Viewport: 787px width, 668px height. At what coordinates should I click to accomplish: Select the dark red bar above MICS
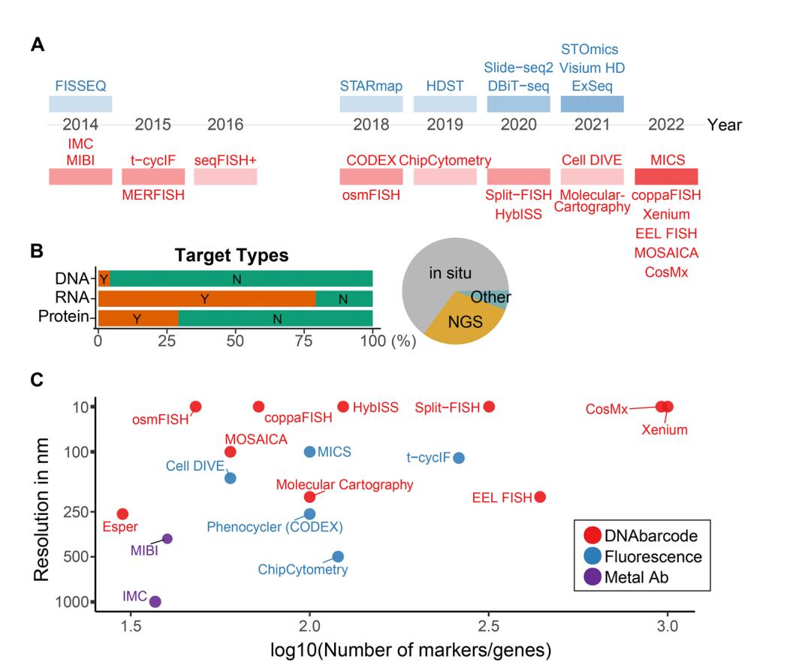coord(666,176)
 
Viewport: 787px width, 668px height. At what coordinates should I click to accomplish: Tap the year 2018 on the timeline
coord(370,125)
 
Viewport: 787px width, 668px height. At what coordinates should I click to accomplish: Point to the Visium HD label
coord(593,68)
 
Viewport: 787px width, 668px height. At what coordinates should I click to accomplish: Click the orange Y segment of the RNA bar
coord(207,299)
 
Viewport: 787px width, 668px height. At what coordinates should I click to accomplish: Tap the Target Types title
coord(231,255)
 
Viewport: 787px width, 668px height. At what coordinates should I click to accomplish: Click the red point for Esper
coord(122,514)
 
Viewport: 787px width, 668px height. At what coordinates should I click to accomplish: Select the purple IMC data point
coord(155,601)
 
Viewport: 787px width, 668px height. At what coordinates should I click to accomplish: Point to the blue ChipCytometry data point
coord(338,556)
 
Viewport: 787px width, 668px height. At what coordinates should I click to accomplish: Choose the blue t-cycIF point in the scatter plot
coord(459,458)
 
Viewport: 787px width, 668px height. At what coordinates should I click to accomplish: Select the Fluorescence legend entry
coord(642,556)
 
